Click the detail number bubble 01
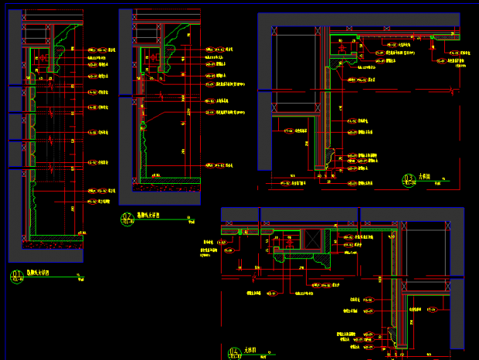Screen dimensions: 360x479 point(19,274)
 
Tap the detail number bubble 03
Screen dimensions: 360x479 point(408,181)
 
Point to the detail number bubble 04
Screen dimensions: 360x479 point(235,353)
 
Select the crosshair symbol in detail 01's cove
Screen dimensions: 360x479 point(43,57)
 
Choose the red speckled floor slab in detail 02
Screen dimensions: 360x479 point(165,186)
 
